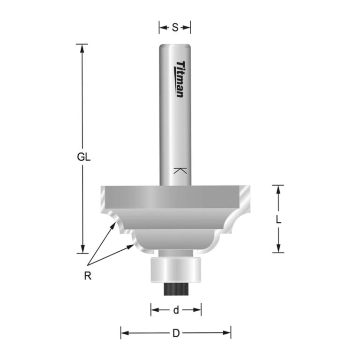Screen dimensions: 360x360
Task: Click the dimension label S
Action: (175, 28)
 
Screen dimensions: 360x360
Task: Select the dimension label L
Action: (278, 219)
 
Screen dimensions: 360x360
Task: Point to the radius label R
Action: (87, 276)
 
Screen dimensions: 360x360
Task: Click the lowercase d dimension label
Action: (176, 310)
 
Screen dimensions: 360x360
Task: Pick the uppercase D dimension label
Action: (176, 334)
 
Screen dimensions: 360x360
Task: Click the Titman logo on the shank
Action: (180, 79)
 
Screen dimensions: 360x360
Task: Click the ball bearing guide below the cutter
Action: (176, 270)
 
